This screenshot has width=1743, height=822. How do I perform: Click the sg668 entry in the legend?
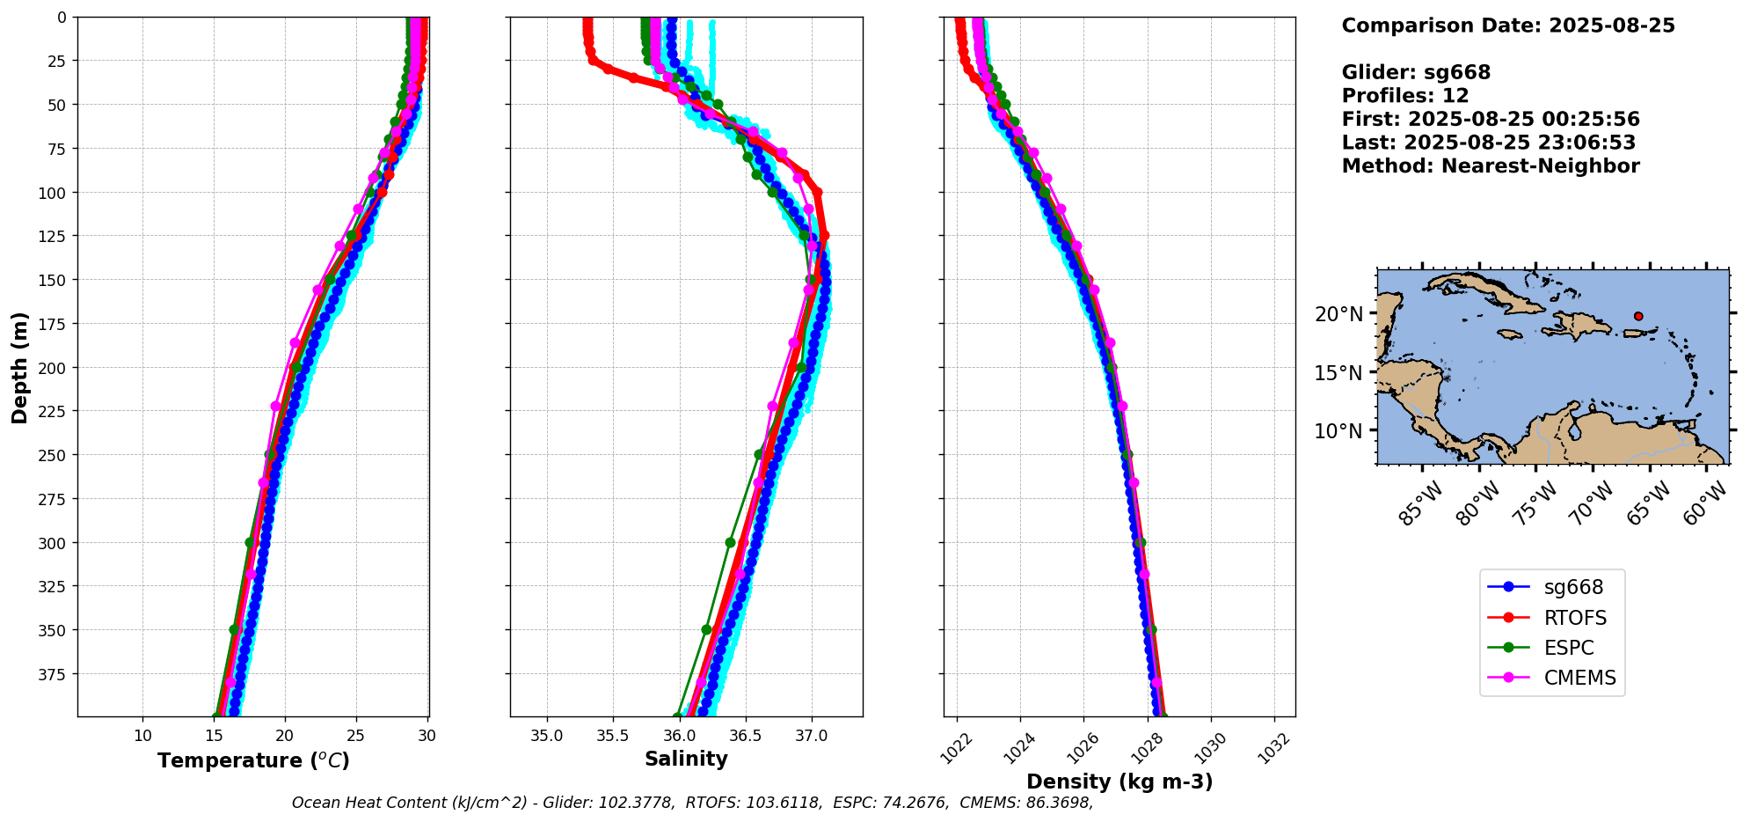(x=1553, y=587)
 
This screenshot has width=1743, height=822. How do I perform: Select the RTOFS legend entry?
(x=1553, y=618)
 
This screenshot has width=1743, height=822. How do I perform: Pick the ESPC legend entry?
(x=1553, y=648)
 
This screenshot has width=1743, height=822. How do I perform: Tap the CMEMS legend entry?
(x=1553, y=678)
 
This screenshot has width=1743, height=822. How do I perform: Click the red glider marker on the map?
(x=1638, y=316)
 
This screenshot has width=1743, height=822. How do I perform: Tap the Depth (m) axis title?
(x=19, y=367)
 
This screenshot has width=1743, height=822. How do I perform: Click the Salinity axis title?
(x=686, y=760)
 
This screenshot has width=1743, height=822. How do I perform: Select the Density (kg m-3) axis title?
(x=1119, y=782)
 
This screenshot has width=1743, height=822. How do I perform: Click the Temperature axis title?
(x=253, y=760)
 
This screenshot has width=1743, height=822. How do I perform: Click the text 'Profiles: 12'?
(x=1405, y=96)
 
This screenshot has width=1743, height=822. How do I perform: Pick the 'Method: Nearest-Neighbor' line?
(x=1491, y=166)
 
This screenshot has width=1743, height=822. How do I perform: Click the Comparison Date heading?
(x=1508, y=26)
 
